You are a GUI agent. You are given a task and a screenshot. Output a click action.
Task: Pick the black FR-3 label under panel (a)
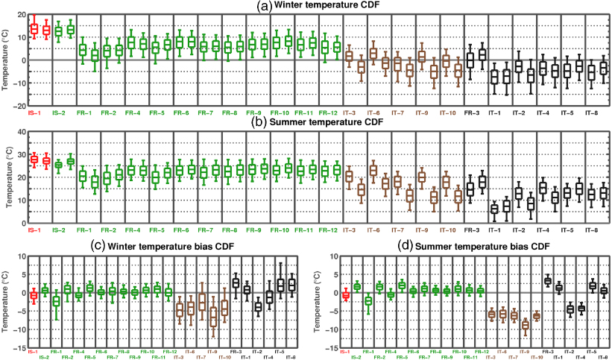(x=471, y=113)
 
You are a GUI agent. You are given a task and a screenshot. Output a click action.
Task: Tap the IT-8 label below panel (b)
(x=592, y=229)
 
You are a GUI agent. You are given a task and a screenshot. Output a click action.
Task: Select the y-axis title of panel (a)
(x=6, y=60)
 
